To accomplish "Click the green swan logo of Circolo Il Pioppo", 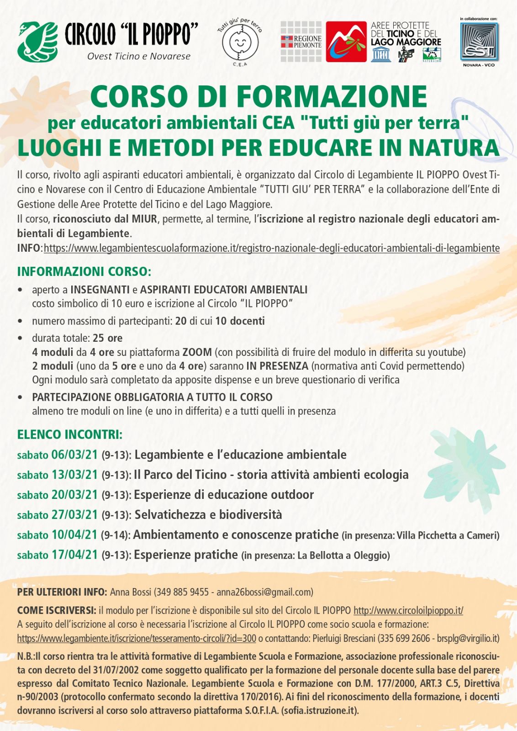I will click(37, 41).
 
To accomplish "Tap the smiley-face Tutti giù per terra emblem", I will click(240, 42).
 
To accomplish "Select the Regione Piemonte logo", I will click(301, 42).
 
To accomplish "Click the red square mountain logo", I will click(346, 42).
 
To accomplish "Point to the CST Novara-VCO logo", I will click(479, 42).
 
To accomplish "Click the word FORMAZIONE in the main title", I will click(332, 96).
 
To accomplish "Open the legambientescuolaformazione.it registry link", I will click(271, 248).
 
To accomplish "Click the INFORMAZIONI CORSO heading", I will click(84, 271).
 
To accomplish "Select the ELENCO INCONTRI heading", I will click(69, 434).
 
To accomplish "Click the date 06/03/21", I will click(74, 455).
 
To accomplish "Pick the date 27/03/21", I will click(74, 515).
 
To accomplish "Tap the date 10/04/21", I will click(74, 535).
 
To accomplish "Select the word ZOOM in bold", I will click(197, 352).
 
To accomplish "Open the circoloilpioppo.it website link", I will click(408, 610).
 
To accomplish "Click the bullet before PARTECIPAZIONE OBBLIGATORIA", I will click(20, 397).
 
